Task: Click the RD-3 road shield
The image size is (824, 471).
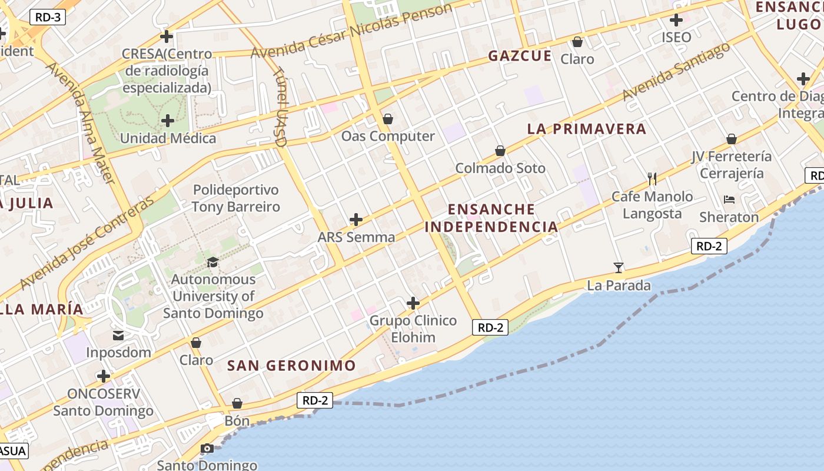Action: tap(48, 17)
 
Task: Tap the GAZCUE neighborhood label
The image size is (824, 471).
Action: tap(520, 56)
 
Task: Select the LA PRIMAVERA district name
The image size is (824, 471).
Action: tap(586, 129)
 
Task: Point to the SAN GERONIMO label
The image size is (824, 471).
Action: tap(291, 365)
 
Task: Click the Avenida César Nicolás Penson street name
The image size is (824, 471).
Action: tap(351, 30)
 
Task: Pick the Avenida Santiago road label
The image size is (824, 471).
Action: tap(676, 71)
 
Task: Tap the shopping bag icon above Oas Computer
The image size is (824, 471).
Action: tap(387, 120)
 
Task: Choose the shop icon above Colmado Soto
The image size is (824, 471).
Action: tap(500, 151)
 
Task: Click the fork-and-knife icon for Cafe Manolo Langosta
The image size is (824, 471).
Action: tap(652, 178)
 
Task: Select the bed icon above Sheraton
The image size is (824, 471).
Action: tap(729, 200)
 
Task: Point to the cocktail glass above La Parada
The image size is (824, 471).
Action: tap(618, 268)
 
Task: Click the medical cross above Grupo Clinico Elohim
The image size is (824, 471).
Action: tap(413, 303)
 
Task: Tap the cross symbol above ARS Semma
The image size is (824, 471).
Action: tap(355, 220)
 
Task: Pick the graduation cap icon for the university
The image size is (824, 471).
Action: tap(212, 262)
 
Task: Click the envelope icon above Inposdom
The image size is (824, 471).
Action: tap(118, 336)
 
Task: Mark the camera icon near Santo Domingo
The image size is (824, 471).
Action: tap(207, 449)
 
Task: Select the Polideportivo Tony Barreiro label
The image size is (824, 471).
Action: tap(235, 198)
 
